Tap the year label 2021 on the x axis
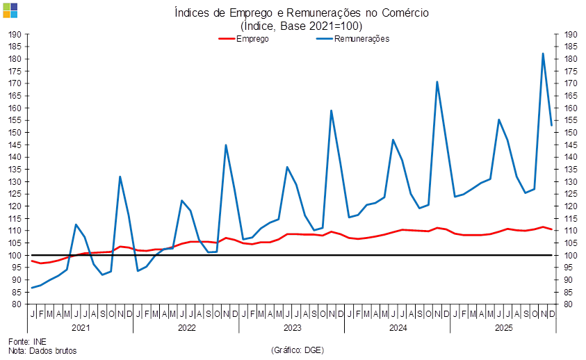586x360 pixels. coord(81,327)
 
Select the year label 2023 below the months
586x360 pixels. coord(292,327)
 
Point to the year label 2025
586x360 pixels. coord(503,327)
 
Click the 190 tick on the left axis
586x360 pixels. coord(16,34)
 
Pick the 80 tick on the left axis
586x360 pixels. coord(16,304)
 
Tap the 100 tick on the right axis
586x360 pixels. coord(570,255)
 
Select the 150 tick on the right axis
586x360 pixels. coord(570,132)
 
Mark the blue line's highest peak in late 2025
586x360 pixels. coord(543,53)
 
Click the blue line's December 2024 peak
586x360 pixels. coord(437,81)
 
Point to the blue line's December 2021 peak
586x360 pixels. coord(120,177)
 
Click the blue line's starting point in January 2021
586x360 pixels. coord(32,288)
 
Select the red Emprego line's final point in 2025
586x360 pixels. coord(552,229)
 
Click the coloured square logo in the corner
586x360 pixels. coord(10,10)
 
